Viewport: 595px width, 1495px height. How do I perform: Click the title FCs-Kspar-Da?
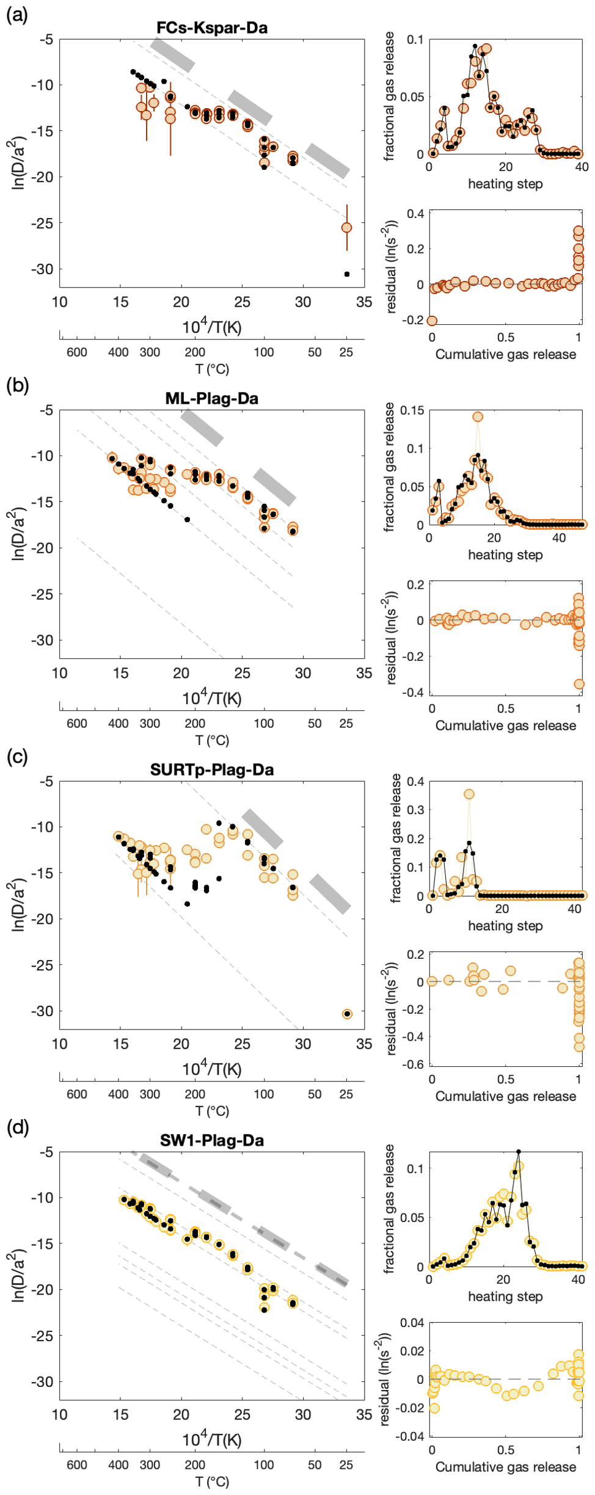[x=212, y=27]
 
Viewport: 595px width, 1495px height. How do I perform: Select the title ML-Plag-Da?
[x=212, y=399]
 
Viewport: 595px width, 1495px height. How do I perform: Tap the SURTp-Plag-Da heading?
[x=212, y=769]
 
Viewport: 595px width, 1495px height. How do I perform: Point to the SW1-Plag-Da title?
[x=212, y=1140]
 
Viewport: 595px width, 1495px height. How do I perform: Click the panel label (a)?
[x=16, y=15]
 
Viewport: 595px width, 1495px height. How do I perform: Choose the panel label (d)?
[x=17, y=1127]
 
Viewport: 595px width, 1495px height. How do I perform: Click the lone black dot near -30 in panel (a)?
[x=347, y=274]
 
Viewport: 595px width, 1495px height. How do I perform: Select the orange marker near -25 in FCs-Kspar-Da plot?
[x=347, y=228]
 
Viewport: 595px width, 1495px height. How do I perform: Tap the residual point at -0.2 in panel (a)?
[x=432, y=321]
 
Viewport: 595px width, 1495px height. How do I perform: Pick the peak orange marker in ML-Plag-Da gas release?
[x=478, y=416]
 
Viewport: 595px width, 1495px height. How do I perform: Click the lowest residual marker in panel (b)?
[x=579, y=684]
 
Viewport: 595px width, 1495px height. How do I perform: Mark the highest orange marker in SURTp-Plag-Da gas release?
[x=469, y=794]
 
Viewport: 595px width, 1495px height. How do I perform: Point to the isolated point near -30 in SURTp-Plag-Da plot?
[x=347, y=1014]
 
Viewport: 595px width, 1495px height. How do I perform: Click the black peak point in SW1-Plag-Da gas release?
[x=519, y=1152]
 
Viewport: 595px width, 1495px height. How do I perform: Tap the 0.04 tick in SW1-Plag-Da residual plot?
[x=412, y=1323]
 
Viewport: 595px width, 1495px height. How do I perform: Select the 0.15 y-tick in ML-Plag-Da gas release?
[x=412, y=410]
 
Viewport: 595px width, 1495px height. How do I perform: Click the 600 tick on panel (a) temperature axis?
[x=77, y=352]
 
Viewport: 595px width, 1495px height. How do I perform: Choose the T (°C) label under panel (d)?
[x=212, y=1482]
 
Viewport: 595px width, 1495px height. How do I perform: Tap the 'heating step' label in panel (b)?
[x=505, y=555]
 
